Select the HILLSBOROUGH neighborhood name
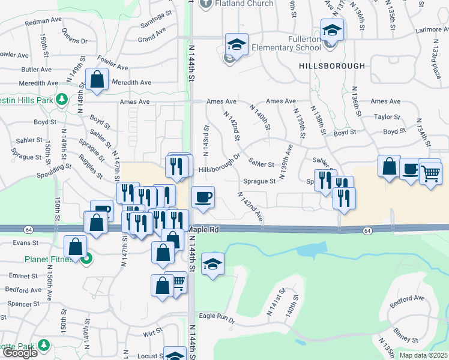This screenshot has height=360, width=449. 331,65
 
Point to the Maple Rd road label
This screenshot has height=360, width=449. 203,229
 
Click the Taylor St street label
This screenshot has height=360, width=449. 387,117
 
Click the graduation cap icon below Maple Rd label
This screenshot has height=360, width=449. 212,264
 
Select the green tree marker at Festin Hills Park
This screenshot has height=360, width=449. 62,98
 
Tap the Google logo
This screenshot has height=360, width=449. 19,353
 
